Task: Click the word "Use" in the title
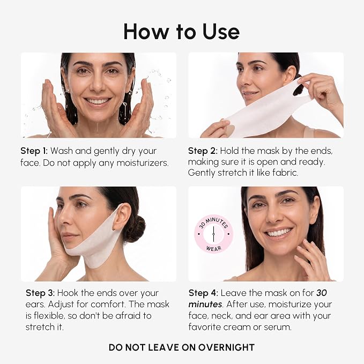221,32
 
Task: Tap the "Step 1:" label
34,151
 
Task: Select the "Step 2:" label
203,151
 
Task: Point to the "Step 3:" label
40,293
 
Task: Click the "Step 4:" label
203,293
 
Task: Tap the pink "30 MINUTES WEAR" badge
213,234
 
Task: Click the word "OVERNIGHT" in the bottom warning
226,347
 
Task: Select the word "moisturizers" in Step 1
142,163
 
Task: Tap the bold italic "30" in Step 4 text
322,293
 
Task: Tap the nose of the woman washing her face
98,85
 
